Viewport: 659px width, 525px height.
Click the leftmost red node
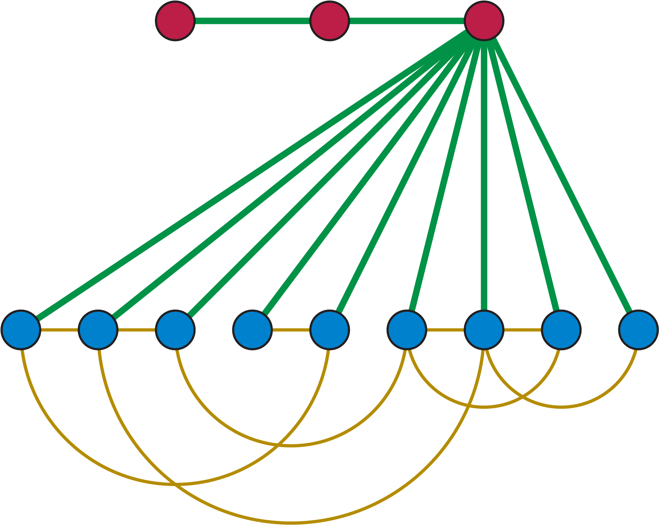[175, 21]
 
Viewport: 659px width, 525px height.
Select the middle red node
[329, 21]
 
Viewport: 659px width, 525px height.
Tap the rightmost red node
[484, 21]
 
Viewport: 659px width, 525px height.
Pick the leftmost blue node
[21, 330]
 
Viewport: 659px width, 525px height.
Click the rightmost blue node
[638, 330]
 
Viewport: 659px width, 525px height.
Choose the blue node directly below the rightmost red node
[484, 330]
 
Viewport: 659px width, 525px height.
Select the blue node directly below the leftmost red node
[175, 330]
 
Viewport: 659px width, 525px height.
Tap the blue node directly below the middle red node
[329, 330]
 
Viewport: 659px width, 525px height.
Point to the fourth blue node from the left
[252, 330]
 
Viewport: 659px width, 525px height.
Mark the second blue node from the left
[98, 330]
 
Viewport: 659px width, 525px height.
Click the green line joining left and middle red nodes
[252, 21]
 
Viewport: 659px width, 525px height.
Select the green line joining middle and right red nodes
[406, 21]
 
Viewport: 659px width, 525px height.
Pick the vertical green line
[484, 174]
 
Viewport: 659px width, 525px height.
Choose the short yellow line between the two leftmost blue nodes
[59, 330]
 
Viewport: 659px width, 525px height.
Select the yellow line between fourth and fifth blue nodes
[291, 330]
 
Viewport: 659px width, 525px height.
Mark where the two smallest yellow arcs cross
[523, 396]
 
